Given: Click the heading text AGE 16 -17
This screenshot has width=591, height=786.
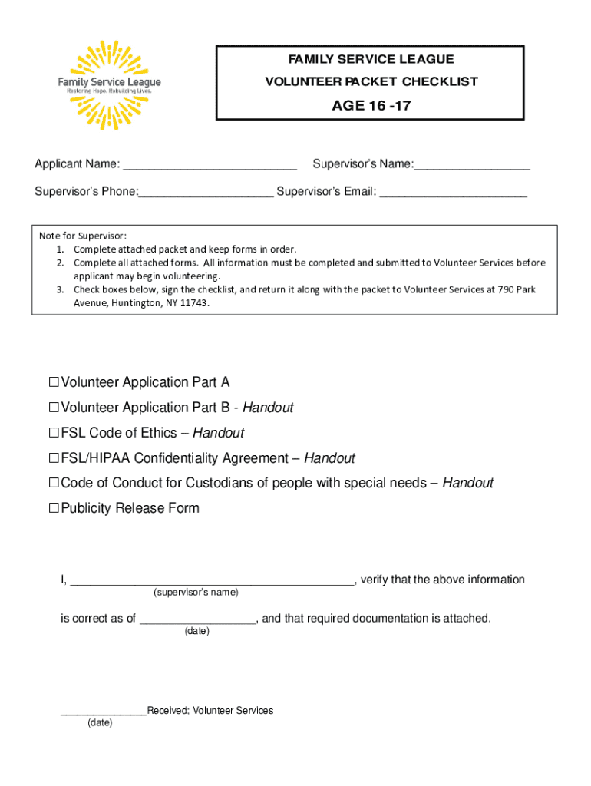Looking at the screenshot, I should pos(371,106).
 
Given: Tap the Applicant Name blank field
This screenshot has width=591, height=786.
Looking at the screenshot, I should pos(210,165).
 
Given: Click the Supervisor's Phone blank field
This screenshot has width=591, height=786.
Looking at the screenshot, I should pos(206,192).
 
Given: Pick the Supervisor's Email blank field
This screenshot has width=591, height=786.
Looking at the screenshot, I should pos(454,192).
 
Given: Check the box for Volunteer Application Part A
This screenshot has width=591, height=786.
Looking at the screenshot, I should pos(54,382).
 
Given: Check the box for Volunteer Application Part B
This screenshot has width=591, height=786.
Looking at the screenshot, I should pos(54,408).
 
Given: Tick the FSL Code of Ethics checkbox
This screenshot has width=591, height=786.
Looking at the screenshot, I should pos(54,433).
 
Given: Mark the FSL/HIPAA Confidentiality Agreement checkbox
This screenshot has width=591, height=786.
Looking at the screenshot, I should pos(54,458).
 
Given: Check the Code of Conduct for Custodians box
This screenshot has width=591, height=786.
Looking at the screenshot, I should pos(54,484).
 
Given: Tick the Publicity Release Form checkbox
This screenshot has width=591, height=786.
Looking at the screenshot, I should pos(54,508).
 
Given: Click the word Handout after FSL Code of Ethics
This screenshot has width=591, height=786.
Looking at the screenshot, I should pos(218,433).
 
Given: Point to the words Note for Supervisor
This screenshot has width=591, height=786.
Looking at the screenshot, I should pos(83,236).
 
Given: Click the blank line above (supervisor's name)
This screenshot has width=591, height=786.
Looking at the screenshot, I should pos(212,581).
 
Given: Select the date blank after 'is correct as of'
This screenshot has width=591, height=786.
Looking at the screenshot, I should pos(197,620).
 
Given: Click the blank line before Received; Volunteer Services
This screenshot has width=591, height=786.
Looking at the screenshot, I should pos(104,712).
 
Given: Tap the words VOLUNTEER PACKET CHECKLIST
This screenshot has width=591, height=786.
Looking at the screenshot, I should pos(371,81).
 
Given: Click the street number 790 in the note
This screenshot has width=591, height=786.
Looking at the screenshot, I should pos(506,289).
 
